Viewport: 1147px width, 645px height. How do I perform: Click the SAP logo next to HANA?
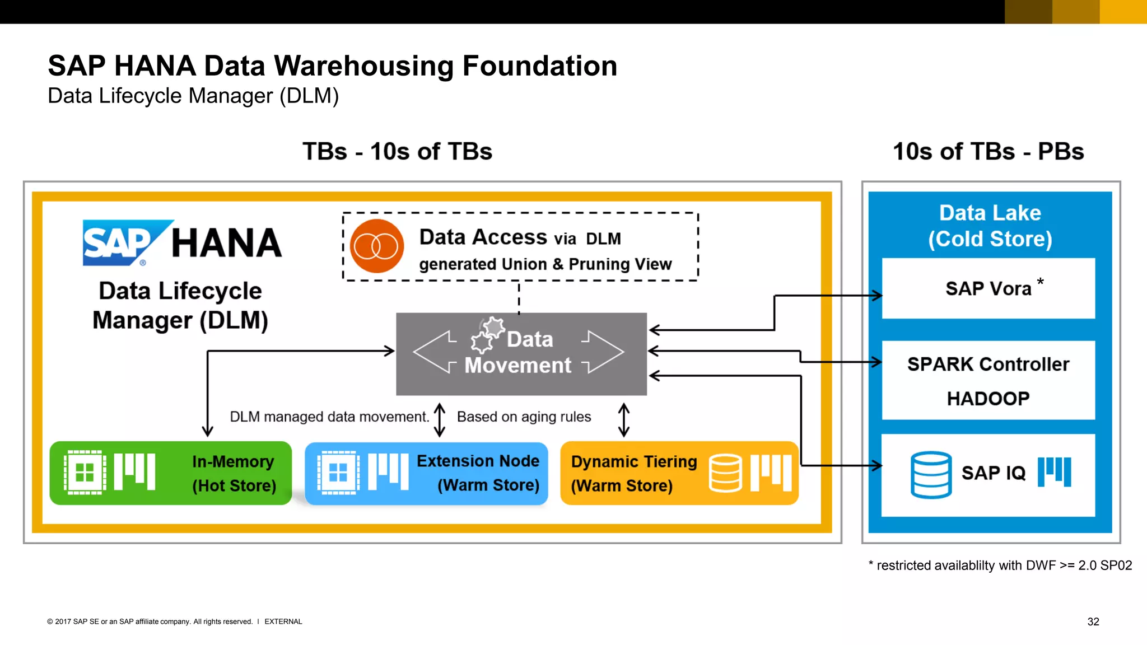[x=120, y=243]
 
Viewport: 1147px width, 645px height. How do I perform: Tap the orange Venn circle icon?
[x=377, y=246]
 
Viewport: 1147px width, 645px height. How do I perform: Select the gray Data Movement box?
[x=521, y=354]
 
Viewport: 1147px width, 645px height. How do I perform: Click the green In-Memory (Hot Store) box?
[x=171, y=473]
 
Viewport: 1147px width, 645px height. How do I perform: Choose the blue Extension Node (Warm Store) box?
[x=426, y=473]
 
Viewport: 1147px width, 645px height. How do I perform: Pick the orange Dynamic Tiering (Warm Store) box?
[x=679, y=473]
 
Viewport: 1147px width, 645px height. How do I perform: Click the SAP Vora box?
[x=988, y=288]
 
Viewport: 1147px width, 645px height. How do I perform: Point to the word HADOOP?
[x=988, y=399]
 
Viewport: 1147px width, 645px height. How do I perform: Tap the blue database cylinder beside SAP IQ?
[x=931, y=475]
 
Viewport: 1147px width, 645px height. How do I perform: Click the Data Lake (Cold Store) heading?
[x=990, y=226]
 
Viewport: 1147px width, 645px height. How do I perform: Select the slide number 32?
[x=1093, y=621]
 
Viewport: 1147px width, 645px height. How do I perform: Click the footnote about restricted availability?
[x=1000, y=565]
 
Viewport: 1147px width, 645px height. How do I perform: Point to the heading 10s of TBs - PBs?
[x=988, y=152]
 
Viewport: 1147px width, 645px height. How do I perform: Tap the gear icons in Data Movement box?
[x=487, y=335]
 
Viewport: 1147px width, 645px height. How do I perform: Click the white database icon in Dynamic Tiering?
[x=725, y=473]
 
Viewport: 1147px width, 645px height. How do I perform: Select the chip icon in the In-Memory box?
[x=85, y=473]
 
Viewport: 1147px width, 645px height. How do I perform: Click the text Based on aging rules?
[x=524, y=417]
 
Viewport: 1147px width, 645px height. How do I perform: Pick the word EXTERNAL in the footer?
[x=283, y=621]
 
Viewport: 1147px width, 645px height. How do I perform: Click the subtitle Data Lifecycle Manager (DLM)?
[x=193, y=96]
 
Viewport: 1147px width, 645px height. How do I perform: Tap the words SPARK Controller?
[x=988, y=364]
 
